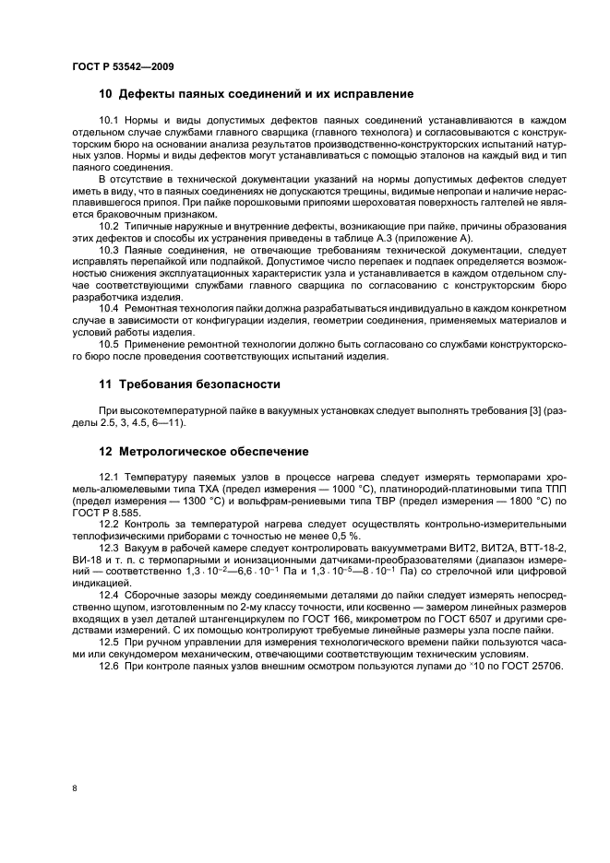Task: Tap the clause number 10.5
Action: point(109,343)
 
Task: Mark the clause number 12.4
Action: point(109,595)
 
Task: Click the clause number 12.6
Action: point(109,667)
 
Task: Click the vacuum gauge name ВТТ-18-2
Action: point(521,549)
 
